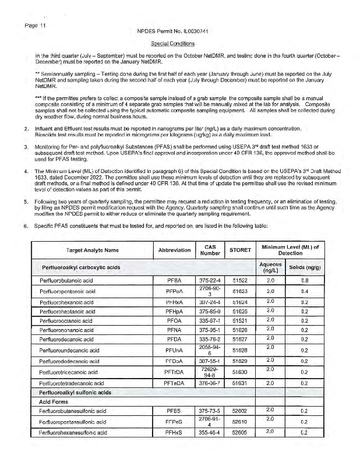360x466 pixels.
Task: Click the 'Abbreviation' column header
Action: click(175, 250)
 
